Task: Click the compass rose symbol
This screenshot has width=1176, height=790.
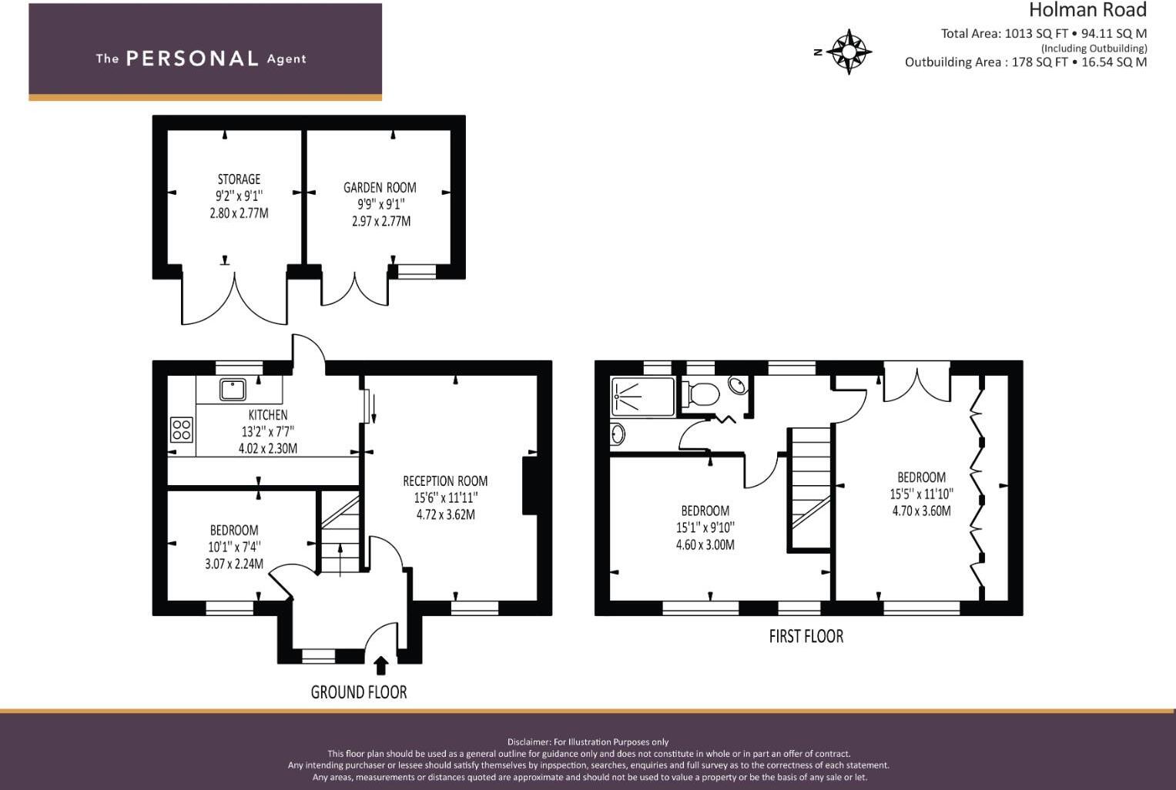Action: click(x=849, y=52)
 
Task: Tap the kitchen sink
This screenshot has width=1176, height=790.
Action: click(x=233, y=390)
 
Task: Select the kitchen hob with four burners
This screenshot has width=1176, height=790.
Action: click(x=182, y=430)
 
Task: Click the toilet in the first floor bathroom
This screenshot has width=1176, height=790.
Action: click(x=702, y=394)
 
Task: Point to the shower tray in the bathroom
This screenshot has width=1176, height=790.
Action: click(x=642, y=397)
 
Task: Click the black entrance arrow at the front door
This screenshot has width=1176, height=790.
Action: click(x=380, y=665)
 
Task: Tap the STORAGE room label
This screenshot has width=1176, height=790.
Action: click(x=239, y=179)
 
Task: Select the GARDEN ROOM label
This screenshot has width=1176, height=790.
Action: click(x=380, y=187)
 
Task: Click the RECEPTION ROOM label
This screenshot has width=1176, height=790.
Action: click(x=445, y=481)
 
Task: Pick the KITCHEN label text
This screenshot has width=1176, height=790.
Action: click(x=268, y=415)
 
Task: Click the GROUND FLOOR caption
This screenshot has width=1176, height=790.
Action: click(x=359, y=692)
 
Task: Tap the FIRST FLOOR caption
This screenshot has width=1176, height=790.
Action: click(x=806, y=637)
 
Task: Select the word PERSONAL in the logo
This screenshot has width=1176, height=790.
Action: click(x=192, y=59)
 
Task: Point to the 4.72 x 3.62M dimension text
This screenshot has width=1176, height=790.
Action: click(x=445, y=515)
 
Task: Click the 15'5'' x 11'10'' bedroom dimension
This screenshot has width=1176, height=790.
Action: click(x=921, y=494)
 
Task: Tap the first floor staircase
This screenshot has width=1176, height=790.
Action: click(x=809, y=489)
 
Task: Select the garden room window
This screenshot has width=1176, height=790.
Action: click(x=417, y=271)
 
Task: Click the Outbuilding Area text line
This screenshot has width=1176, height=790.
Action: click(x=1025, y=62)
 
